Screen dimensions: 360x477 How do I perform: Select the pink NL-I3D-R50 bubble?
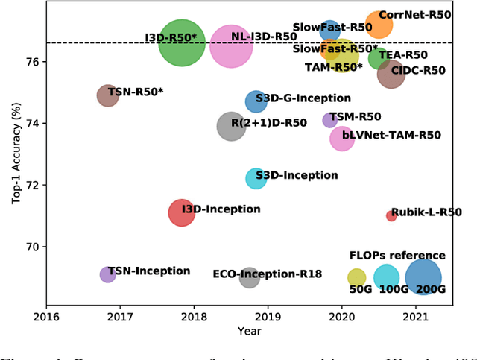pyautogui.click(x=231, y=46)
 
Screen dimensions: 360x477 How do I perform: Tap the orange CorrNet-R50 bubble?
pyautogui.click(x=379, y=25)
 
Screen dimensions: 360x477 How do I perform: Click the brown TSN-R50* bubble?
pyautogui.click(x=108, y=95)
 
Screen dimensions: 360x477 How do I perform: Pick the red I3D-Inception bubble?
pyautogui.click(x=181, y=213)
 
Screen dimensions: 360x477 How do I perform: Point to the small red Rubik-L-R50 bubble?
pyautogui.click(x=391, y=215)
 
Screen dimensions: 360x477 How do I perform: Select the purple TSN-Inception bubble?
pyautogui.click(x=108, y=274)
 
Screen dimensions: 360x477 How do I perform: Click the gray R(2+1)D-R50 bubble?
pyautogui.click(x=231, y=127)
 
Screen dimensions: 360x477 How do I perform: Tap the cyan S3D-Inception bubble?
pyautogui.click(x=256, y=178)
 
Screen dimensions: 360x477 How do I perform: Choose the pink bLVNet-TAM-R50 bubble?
pyautogui.click(x=341, y=139)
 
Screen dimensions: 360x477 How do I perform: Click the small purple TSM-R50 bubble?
pyautogui.click(x=329, y=120)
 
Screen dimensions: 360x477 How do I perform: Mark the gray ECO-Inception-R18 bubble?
pyautogui.click(x=250, y=278)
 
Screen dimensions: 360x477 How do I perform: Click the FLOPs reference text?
pyautogui.click(x=397, y=256)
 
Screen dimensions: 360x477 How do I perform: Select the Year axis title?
pyautogui.click(x=250, y=329)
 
